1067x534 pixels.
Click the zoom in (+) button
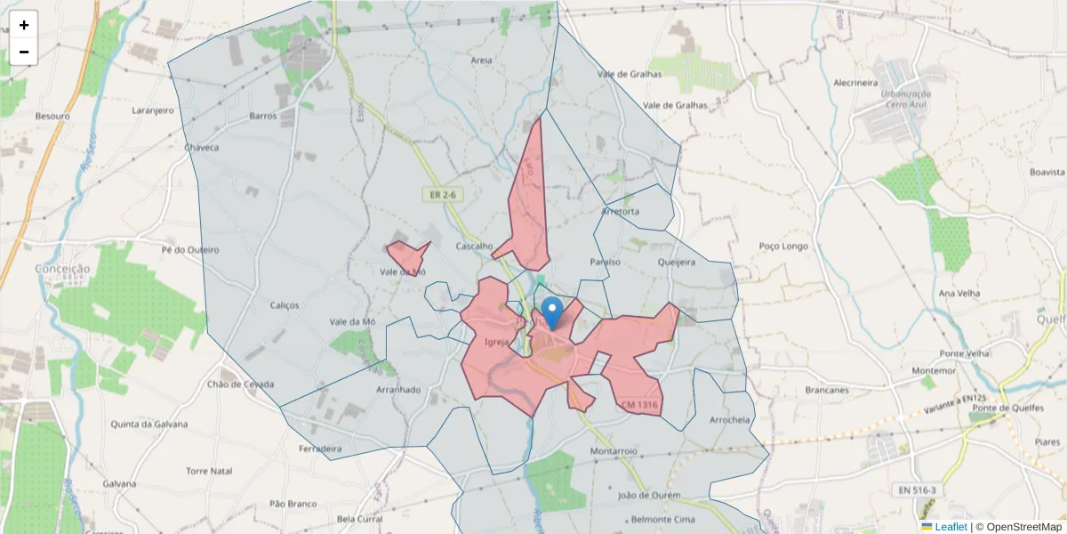(23, 25)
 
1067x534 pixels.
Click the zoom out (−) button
(23, 52)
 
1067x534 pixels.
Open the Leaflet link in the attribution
(951, 527)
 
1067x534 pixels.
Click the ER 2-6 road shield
(442, 194)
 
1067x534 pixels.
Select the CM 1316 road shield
(640, 405)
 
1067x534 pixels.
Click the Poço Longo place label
(783, 245)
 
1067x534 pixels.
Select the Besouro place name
(52, 116)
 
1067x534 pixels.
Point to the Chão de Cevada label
(240, 384)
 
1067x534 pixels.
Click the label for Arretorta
(621, 212)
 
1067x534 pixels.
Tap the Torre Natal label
(209, 470)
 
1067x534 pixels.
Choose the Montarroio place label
(614, 451)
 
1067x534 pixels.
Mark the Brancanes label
(826, 390)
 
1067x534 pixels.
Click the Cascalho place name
(474, 246)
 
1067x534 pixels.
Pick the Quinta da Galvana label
(146, 424)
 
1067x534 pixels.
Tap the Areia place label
(482, 61)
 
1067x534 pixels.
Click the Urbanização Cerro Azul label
(906, 98)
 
